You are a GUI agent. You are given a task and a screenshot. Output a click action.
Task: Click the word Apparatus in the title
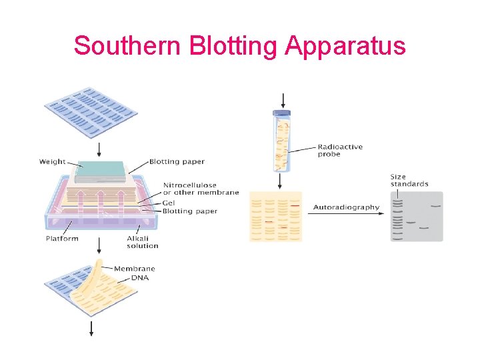[x=345, y=45]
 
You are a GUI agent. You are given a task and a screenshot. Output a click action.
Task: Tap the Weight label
[x=52, y=161]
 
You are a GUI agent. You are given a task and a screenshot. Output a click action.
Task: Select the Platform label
[x=62, y=238]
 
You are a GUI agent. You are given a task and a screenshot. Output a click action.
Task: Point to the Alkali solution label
[x=143, y=242]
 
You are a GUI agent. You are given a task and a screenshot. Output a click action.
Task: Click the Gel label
[x=169, y=202]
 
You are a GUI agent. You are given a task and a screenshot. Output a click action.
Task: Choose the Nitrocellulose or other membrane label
[x=200, y=189]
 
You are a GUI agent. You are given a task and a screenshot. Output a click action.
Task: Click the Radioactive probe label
[x=340, y=150]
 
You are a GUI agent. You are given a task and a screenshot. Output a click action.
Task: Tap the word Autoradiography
[x=346, y=207]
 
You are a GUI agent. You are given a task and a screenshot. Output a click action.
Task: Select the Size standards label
[x=409, y=180]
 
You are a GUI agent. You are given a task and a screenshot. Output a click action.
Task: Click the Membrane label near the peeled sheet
[x=134, y=269]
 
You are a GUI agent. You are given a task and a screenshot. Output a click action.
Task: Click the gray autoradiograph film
[x=417, y=217]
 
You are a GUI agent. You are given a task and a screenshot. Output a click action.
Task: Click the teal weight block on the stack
[x=100, y=171]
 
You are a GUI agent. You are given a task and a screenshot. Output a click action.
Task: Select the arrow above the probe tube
[x=283, y=100]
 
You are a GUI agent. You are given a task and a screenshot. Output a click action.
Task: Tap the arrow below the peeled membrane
[x=91, y=328]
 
